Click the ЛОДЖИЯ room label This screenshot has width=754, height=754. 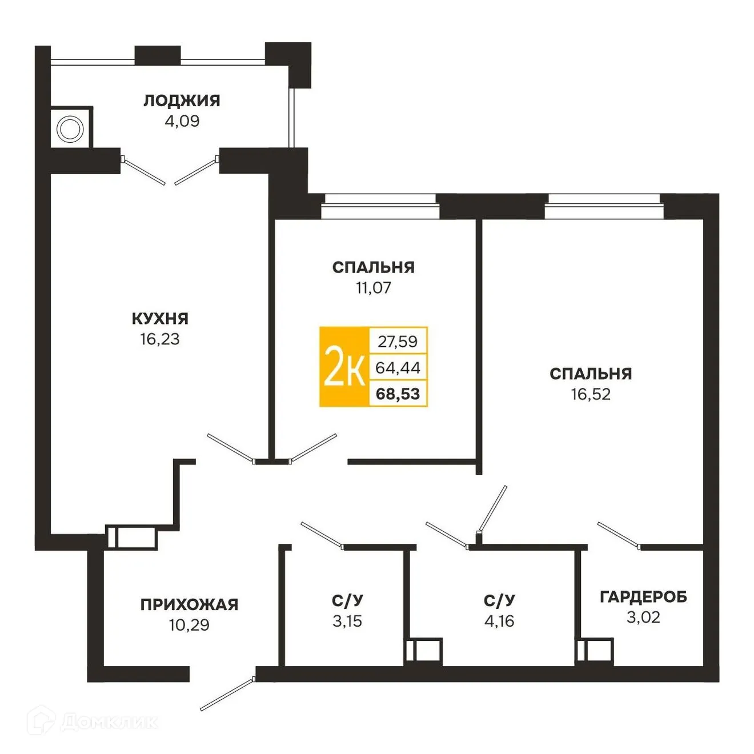click(182, 101)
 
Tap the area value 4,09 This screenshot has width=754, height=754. click(182, 121)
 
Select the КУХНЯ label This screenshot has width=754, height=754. click(160, 318)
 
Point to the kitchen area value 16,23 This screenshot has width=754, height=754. click(160, 339)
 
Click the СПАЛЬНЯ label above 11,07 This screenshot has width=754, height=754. click(374, 267)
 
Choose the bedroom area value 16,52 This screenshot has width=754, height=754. click(591, 394)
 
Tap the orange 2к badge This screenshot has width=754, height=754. click(344, 367)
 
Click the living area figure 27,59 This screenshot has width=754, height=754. click(398, 342)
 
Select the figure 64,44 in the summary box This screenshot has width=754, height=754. click(398, 368)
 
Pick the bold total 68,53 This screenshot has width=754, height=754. click(398, 394)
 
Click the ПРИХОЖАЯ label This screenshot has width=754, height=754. click(189, 604)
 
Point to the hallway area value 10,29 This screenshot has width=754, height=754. click(189, 625)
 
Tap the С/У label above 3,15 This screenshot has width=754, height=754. click(347, 600)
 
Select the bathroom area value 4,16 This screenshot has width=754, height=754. click(499, 621)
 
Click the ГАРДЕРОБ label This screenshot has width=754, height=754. click(643, 597)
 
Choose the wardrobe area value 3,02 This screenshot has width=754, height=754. click(643, 617)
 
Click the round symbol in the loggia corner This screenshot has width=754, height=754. click(71, 129)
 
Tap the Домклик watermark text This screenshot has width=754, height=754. click(109, 722)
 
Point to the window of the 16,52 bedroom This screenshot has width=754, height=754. click(604, 206)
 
